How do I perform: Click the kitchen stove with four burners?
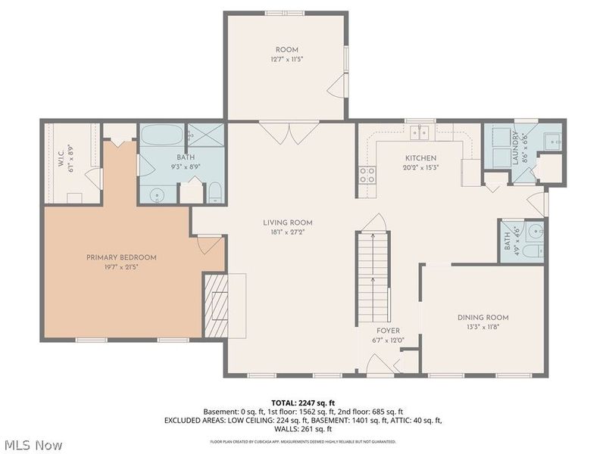[x=367, y=176]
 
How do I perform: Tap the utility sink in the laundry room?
[x=552, y=140]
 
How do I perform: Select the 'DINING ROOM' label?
[x=483, y=317]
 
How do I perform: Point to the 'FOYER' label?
[x=387, y=331]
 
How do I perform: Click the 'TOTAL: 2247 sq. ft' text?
[x=303, y=402]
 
